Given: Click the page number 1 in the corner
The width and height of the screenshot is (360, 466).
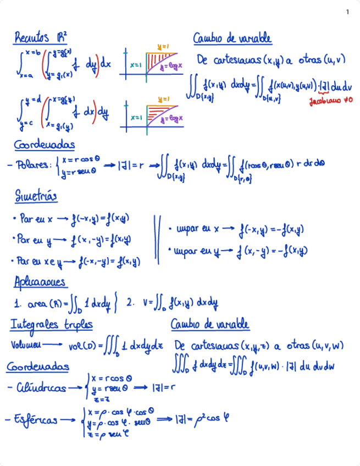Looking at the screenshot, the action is pyautogui.click(x=347, y=12).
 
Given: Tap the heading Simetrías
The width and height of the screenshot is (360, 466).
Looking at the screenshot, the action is pyautogui.click(x=36, y=196).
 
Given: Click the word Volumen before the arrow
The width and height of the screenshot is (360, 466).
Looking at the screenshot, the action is pyautogui.click(x=25, y=346).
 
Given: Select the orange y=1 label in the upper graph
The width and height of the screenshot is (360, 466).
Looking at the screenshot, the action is pyautogui.click(x=163, y=47).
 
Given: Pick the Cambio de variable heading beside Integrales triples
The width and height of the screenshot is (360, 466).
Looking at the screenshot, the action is pyautogui.click(x=211, y=325).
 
